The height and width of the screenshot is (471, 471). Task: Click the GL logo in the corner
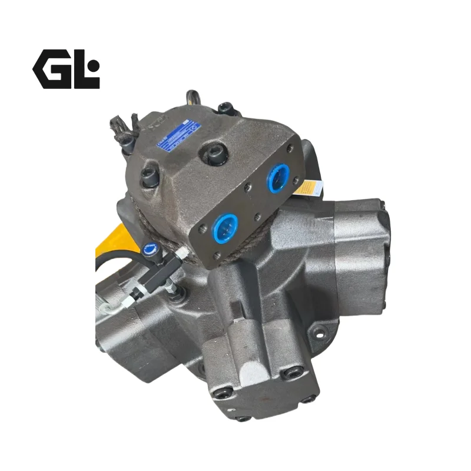(66, 69)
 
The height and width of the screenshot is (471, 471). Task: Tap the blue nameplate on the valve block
(171, 137)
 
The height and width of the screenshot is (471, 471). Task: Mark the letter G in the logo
(51, 69)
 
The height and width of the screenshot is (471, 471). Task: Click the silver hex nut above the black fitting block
(180, 254)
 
